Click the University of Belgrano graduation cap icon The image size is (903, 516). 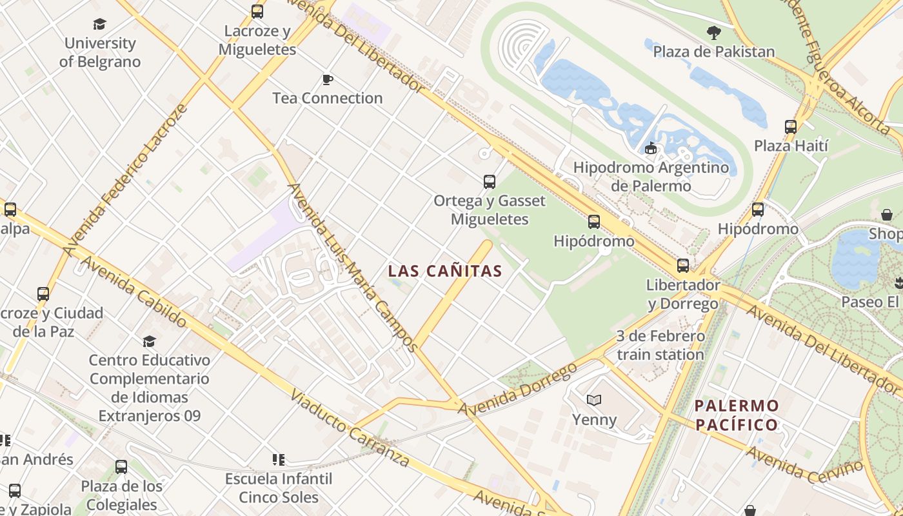pyautogui.click(x=99, y=24)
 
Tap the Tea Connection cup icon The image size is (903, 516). pyautogui.click(x=328, y=79)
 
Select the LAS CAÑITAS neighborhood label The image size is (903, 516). pyautogui.click(x=444, y=272)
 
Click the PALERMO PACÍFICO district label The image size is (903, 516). pyautogui.click(x=736, y=415)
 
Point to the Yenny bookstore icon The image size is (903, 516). pyautogui.click(x=594, y=400)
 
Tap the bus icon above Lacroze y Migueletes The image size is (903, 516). pyautogui.click(x=257, y=11)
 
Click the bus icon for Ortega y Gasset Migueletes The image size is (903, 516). pyautogui.click(x=490, y=181)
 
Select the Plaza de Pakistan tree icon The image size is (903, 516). pyautogui.click(x=713, y=32)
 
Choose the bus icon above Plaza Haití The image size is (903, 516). pyautogui.click(x=791, y=126)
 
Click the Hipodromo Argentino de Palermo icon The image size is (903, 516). pyautogui.click(x=651, y=148)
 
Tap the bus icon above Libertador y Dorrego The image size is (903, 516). pyautogui.click(x=682, y=265)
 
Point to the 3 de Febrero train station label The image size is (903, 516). pyautogui.click(x=660, y=345)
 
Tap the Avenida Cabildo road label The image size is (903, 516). pyautogui.click(x=134, y=292)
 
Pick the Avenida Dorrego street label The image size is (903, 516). pyautogui.click(x=517, y=390)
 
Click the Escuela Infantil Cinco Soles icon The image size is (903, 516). pyautogui.click(x=279, y=459)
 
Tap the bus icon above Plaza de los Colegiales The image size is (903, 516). pyautogui.click(x=121, y=466)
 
